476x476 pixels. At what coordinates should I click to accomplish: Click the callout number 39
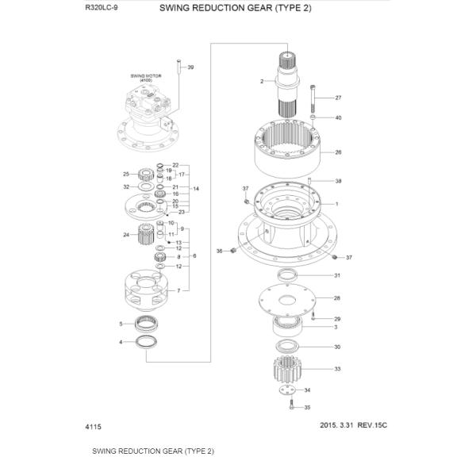coord(190,69)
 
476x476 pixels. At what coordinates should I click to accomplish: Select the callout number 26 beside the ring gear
coord(338,152)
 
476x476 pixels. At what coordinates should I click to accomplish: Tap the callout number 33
coord(338,369)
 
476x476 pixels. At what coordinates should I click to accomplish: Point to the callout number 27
coord(338,98)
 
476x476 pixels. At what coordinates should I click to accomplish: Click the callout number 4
coord(121,342)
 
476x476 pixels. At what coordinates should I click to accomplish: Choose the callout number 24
coord(126,235)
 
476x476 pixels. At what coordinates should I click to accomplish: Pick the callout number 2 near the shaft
coord(262,82)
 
